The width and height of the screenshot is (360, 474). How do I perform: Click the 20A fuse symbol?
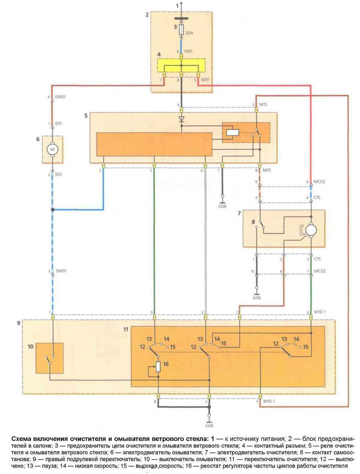point(181,30)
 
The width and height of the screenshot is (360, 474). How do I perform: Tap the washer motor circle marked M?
point(52,149)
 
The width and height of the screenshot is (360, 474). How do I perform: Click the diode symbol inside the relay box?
point(181,119)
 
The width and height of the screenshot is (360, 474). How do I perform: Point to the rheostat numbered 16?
point(158,366)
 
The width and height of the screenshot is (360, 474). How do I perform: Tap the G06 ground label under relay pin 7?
point(222,206)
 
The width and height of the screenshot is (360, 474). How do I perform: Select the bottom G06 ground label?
point(209,426)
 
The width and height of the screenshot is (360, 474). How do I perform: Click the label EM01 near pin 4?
point(60,97)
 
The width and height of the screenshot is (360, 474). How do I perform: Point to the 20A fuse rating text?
point(189,33)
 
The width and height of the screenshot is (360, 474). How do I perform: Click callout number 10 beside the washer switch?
point(30,347)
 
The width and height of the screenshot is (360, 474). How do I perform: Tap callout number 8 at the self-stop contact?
point(253,222)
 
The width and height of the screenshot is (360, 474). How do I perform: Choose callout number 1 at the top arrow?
point(178,6)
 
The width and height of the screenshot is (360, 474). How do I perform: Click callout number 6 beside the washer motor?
point(38,139)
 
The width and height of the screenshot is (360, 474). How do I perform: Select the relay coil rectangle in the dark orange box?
point(233,132)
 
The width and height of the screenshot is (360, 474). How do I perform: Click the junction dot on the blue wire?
point(53,209)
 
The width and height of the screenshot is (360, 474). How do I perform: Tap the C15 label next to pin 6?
point(317,197)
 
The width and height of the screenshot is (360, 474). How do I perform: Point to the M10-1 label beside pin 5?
point(269,401)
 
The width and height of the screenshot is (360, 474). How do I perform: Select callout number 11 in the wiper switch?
point(126,329)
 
